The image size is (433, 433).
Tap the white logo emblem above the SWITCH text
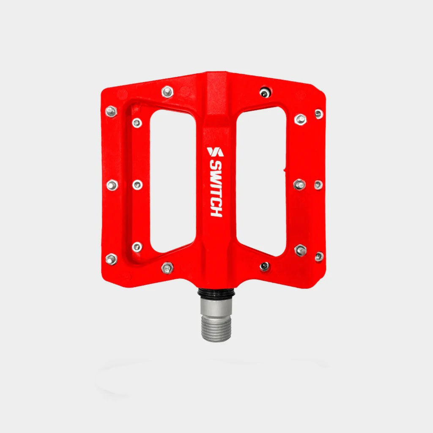click(215, 152)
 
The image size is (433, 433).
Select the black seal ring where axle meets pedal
click(216, 293)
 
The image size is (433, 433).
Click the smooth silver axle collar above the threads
click(216, 307)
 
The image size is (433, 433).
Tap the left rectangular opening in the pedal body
click(173, 181)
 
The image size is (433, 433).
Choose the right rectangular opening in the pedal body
click(261, 181)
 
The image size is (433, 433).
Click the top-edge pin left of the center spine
click(167, 92)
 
